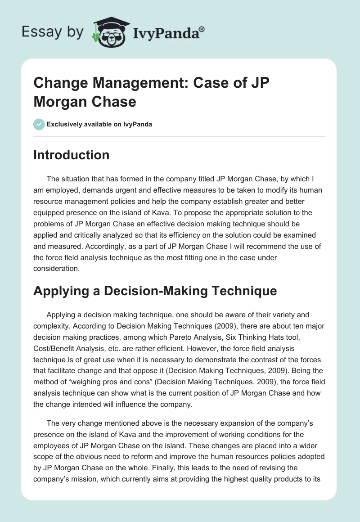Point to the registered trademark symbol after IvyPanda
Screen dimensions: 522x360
202,28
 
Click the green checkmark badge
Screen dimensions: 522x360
39,124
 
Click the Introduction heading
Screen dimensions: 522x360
71,155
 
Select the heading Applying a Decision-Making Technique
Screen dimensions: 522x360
155,291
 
